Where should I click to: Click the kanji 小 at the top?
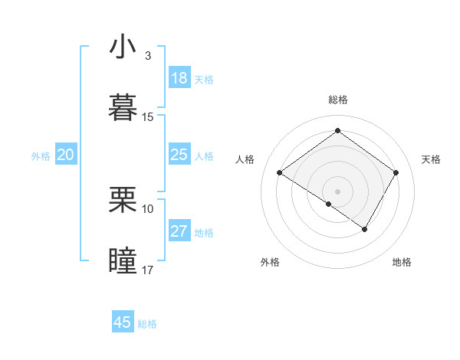(123, 47)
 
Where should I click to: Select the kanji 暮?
(123, 106)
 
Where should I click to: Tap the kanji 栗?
(123, 199)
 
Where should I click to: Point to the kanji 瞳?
(123, 260)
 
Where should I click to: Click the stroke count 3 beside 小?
(148, 56)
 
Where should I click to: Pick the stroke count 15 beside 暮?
(148, 116)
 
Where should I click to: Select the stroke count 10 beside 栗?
(148, 208)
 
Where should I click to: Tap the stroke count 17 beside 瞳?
(148, 270)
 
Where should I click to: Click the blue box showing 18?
(179, 78)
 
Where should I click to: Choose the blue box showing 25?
(179, 155)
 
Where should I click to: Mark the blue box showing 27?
(179, 231)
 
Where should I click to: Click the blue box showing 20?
(65, 155)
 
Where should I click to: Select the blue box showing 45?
(123, 322)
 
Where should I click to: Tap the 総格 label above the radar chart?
(337, 100)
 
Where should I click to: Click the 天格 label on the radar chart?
(431, 159)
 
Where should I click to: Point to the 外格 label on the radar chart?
(270, 263)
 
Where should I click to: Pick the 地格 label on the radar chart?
(402, 263)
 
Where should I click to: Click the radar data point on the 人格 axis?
(280, 173)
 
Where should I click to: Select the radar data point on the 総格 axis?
(337, 130)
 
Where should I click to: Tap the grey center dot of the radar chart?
(337, 190)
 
